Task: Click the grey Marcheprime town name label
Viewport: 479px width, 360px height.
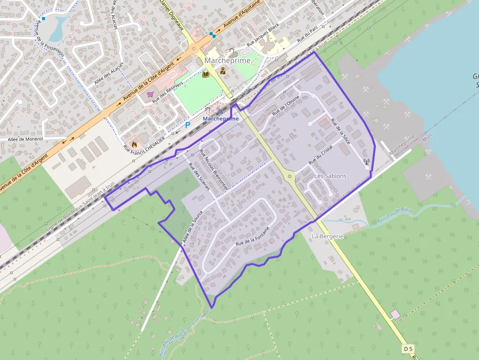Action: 227,61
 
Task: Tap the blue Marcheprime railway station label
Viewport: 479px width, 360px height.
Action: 220,119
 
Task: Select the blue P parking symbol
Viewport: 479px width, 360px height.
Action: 187,125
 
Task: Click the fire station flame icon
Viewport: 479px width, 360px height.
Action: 133,145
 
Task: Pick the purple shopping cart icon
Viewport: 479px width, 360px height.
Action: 150,94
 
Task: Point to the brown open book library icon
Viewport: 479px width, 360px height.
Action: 206,74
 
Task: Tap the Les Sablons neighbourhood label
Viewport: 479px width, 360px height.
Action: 330,176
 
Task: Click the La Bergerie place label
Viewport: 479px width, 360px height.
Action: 327,236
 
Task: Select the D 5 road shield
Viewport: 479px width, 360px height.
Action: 409,348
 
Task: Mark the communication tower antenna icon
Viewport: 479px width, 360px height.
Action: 367,161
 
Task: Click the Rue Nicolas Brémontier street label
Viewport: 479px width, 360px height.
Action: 214,169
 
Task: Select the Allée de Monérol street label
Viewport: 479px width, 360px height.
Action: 25,139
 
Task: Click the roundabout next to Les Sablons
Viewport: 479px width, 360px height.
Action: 290,176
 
